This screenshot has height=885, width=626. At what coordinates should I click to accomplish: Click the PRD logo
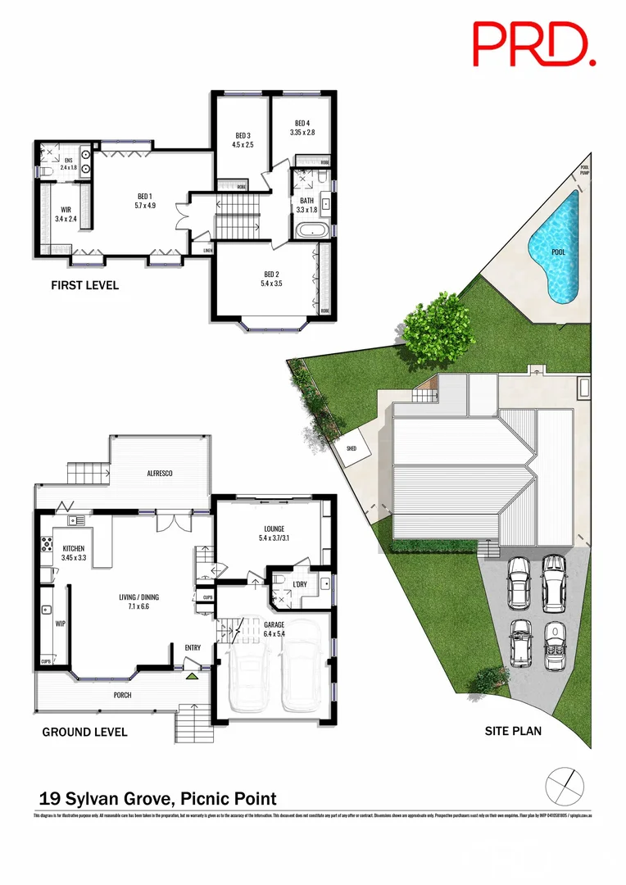click(533, 44)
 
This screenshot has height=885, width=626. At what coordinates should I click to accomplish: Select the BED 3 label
click(243, 135)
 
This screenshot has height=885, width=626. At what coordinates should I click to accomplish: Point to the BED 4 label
click(302, 124)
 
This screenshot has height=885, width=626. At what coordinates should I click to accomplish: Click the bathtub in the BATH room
click(312, 229)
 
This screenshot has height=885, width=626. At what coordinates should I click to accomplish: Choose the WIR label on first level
click(62, 210)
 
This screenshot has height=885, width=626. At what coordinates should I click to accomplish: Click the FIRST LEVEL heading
click(85, 285)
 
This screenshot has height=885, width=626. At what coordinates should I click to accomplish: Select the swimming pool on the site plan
click(556, 247)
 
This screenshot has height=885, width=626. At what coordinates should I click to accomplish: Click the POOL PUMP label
click(584, 169)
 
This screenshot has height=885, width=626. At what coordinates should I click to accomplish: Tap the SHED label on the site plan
click(352, 448)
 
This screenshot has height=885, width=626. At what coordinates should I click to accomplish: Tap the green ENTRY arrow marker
click(193, 675)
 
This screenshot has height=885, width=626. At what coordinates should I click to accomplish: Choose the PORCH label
click(122, 695)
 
